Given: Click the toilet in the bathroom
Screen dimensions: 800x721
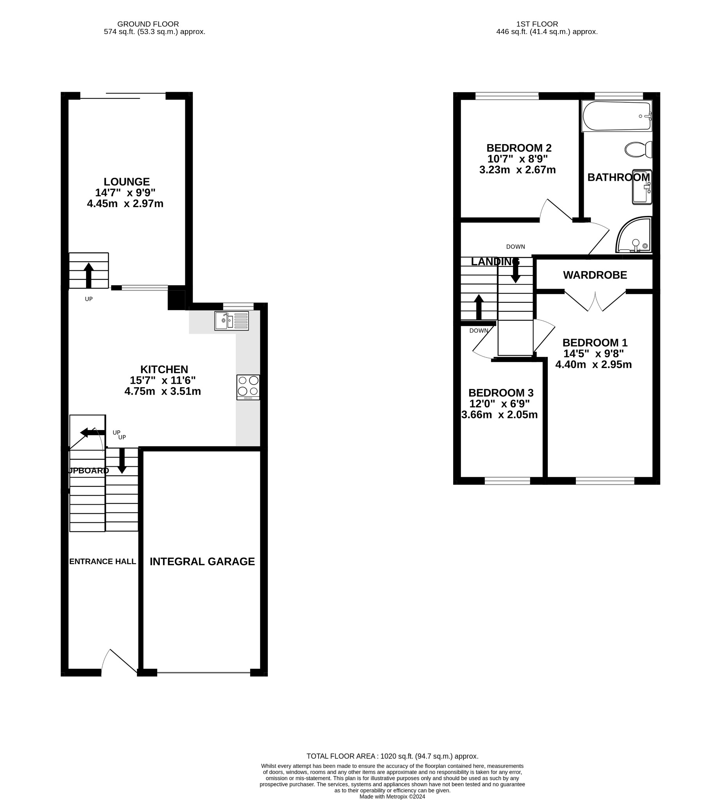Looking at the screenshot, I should pyautogui.click(x=638, y=150).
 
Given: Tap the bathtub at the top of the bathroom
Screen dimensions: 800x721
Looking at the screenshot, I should pyautogui.click(x=617, y=116).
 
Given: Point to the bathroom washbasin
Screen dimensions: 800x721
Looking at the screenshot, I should pyautogui.click(x=642, y=188).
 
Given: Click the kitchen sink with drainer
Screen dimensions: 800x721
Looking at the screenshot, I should pyautogui.click(x=232, y=321).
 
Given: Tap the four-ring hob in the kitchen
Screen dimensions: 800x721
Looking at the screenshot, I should pyautogui.click(x=248, y=387).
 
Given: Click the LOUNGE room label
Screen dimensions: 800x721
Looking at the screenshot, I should pyautogui.click(x=126, y=182).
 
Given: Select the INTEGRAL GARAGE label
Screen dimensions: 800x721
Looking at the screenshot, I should pyautogui.click(x=202, y=561).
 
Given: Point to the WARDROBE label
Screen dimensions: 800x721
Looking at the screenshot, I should pyautogui.click(x=595, y=275).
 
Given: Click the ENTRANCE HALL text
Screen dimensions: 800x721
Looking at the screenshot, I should pyautogui.click(x=102, y=561).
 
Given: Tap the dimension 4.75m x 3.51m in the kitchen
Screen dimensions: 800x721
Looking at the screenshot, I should pyautogui.click(x=162, y=391).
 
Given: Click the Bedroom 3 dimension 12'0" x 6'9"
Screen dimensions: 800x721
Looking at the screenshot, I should pyautogui.click(x=499, y=404).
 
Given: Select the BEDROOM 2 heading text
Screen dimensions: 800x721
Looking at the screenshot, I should pyautogui.click(x=518, y=148).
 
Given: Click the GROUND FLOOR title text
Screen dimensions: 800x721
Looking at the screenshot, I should pyautogui.click(x=148, y=24).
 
